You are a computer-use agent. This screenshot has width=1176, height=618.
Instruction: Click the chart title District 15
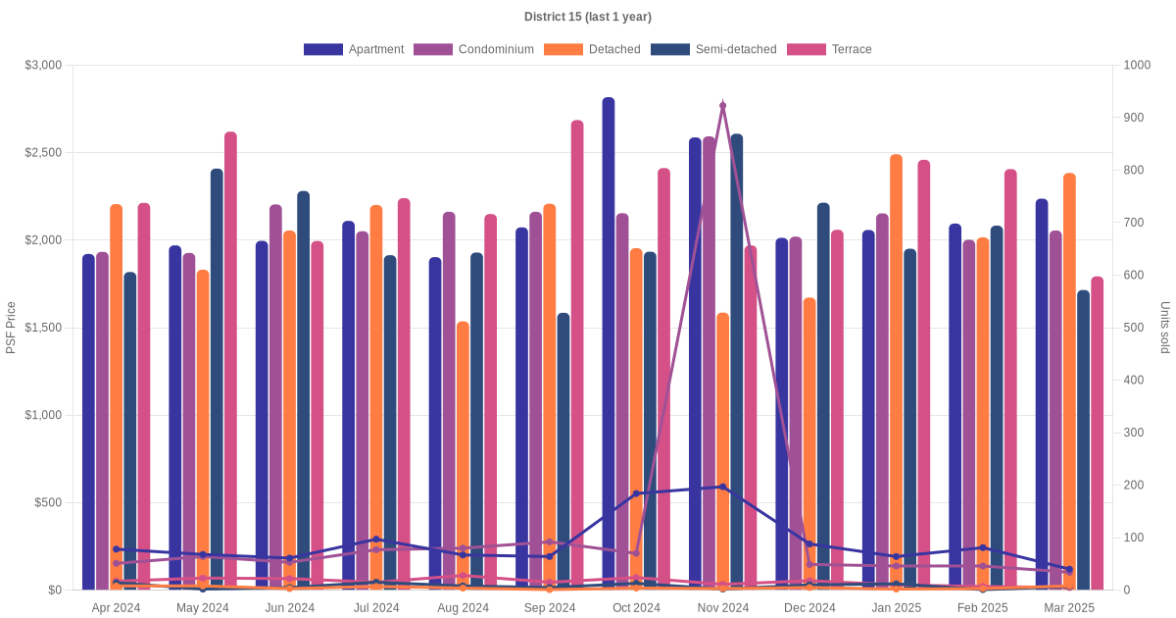click(587, 17)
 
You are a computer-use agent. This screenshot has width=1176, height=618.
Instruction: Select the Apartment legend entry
click(354, 49)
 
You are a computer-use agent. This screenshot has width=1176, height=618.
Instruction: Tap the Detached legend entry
click(592, 49)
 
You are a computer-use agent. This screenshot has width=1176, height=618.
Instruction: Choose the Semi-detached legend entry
click(713, 49)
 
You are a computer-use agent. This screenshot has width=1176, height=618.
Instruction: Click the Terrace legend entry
click(829, 49)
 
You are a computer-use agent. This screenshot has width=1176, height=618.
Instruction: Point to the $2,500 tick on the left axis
click(42, 153)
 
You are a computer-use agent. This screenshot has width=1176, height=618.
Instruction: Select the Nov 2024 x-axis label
click(723, 608)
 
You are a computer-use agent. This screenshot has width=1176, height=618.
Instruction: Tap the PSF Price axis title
click(11, 328)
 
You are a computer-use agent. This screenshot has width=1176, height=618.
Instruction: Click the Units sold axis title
click(1165, 328)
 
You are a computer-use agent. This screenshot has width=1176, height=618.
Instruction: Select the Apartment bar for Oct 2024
click(609, 343)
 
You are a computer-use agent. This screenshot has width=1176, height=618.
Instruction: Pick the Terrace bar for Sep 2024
click(577, 353)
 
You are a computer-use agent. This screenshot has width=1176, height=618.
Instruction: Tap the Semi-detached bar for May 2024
click(217, 379)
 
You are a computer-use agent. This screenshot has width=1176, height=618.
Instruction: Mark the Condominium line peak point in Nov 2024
click(723, 105)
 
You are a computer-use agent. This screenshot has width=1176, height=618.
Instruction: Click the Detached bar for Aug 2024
click(463, 455)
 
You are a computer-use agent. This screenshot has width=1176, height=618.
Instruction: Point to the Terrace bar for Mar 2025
click(1098, 433)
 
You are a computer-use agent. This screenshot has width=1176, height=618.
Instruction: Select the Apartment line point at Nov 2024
click(723, 487)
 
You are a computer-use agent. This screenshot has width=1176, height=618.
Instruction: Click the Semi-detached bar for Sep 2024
click(563, 451)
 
